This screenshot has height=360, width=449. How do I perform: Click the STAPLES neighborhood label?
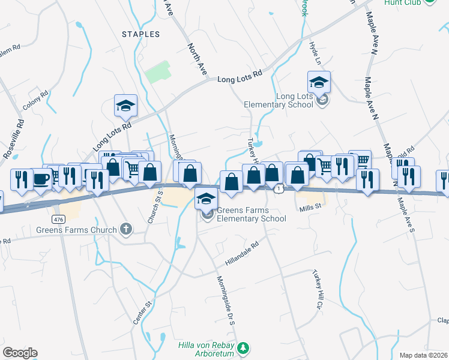pos(141,34)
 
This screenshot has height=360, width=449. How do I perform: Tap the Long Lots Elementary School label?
pos(279,100)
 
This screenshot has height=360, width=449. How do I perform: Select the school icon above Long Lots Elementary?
pos(319,82)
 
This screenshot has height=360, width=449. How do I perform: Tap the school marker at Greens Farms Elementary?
pos(206,199)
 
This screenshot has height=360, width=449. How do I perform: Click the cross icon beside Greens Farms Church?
pos(125,228)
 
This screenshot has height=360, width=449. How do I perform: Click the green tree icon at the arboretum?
pos(243,347)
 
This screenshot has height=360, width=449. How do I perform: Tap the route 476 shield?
pos(58,220)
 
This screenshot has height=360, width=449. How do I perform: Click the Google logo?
pos(20,353)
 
